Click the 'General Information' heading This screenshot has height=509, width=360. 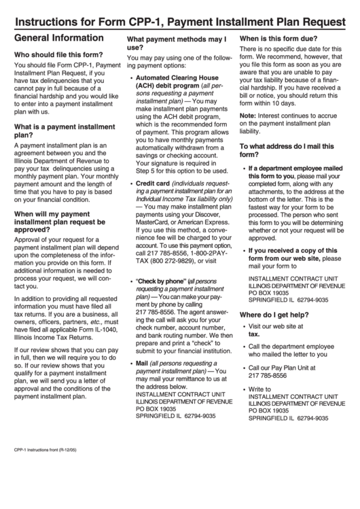[59, 38]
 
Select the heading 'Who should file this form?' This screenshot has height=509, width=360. [59, 54]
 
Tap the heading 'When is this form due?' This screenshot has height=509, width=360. [278, 39]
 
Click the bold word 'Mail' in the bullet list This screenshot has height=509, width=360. [142, 364]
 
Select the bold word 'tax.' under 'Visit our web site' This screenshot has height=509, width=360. [254, 315]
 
